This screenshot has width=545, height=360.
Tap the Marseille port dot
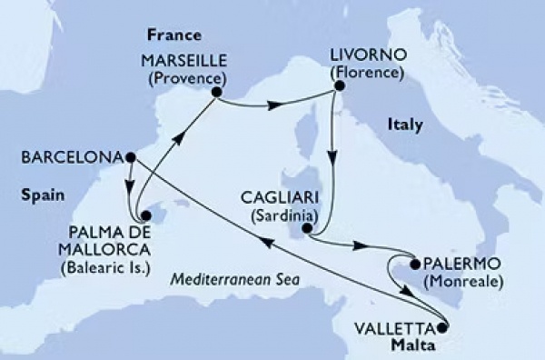pyautogui.click(x=217, y=91)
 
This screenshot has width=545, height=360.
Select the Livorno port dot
pyautogui.click(x=338, y=86)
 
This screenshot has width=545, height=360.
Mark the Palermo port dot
pyautogui.click(x=415, y=265)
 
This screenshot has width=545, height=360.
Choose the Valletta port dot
pyautogui.click(x=442, y=327)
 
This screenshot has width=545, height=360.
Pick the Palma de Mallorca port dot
pyautogui.click(x=144, y=216)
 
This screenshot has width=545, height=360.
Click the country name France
pyautogui.click(x=170, y=35)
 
